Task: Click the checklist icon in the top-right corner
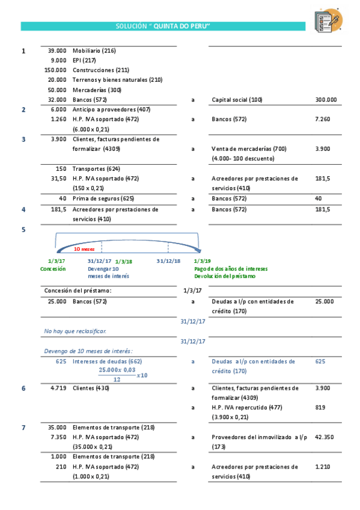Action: [x=328, y=20]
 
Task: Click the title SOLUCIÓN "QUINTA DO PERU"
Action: [x=163, y=26]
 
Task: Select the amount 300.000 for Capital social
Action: [x=326, y=100]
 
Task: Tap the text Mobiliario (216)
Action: [x=94, y=51]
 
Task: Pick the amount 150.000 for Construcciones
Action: [x=55, y=70]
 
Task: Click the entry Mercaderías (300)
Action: [x=98, y=90]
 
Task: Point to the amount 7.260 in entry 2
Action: [x=323, y=119]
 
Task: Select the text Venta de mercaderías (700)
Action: [x=249, y=149]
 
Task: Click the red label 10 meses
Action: [x=84, y=248]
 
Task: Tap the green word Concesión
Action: [x=53, y=269]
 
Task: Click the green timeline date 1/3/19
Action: [x=203, y=262]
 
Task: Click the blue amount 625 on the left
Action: [x=61, y=361]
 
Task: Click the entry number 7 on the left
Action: [x=23, y=428]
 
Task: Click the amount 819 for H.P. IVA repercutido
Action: [x=320, y=407]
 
